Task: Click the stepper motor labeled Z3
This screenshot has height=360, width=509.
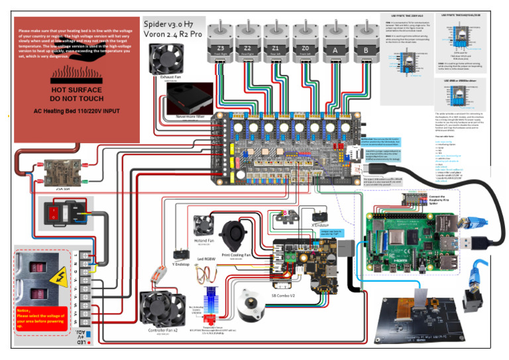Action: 221,40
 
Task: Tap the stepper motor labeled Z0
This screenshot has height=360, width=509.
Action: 304,40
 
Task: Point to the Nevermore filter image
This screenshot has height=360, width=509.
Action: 190,99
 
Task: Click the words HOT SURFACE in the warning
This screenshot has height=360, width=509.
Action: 76,90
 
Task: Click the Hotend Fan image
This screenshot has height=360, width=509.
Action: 203,226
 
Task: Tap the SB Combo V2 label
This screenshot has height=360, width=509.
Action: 284,294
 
